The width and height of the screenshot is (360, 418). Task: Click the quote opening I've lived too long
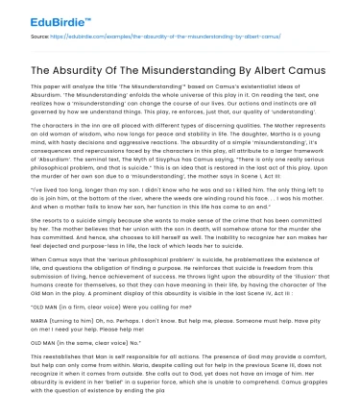[x=58, y=192]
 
